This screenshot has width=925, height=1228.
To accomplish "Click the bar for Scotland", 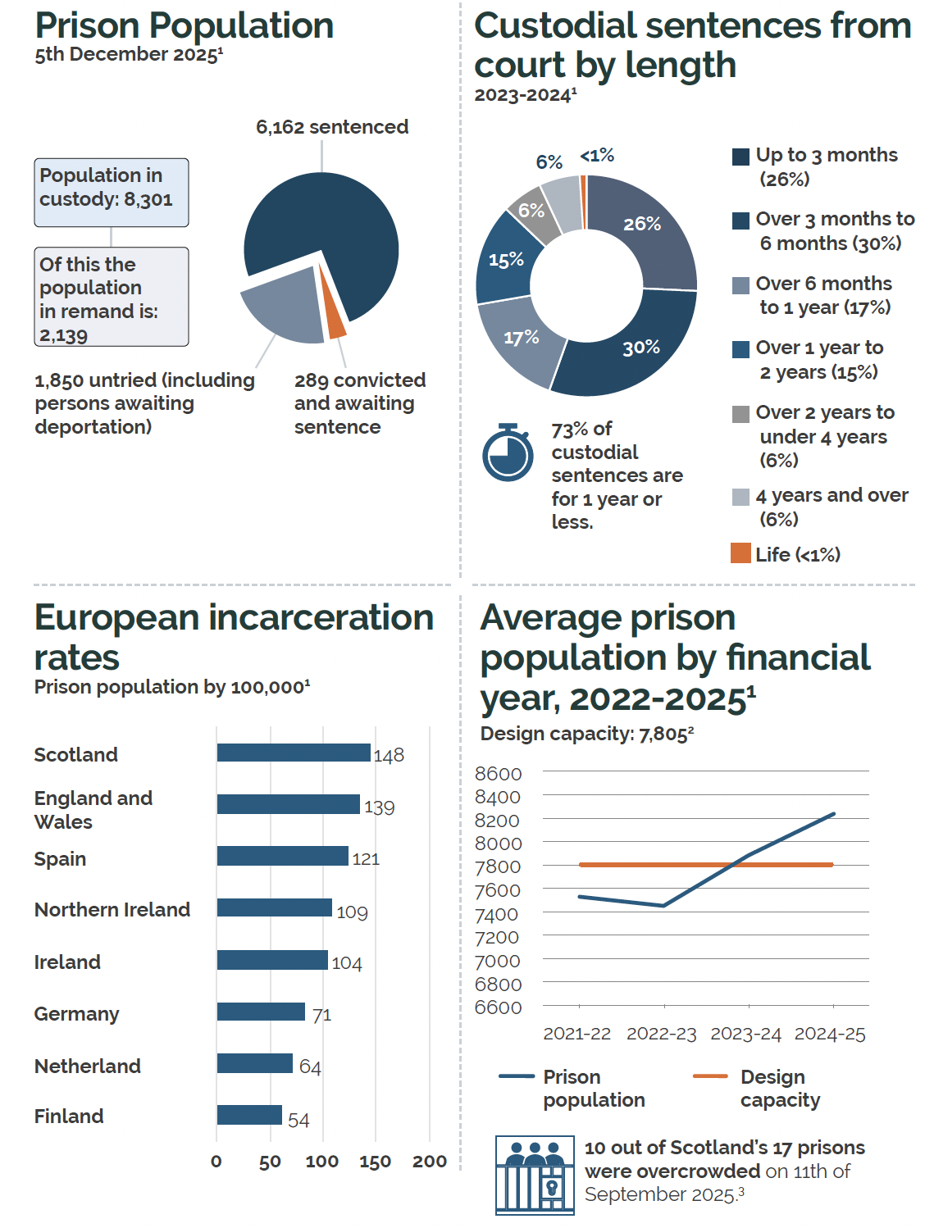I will [293, 753].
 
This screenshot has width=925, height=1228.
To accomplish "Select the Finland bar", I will [249, 1115].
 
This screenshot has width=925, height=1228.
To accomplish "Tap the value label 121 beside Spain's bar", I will [366, 859].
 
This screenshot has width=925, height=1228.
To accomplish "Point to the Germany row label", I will [76, 1014].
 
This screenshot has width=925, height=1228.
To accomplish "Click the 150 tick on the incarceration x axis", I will [375, 1162].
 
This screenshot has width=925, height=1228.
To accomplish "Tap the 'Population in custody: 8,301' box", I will [111, 192].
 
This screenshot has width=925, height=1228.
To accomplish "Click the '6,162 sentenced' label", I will [332, 127].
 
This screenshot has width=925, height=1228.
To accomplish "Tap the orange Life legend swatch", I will [740, 553].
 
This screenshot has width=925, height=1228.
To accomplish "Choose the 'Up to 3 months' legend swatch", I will [740, 157].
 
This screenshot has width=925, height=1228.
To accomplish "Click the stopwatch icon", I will [508, 453].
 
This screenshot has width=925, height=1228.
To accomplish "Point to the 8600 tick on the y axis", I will [498, 774].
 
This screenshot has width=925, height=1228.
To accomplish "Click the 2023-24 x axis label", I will [745, 1034].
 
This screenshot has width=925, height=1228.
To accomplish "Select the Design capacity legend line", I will [710, 1076].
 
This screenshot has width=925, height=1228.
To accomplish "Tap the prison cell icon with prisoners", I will [535, 1175].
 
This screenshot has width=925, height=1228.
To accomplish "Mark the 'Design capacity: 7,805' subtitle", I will [586, 734].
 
